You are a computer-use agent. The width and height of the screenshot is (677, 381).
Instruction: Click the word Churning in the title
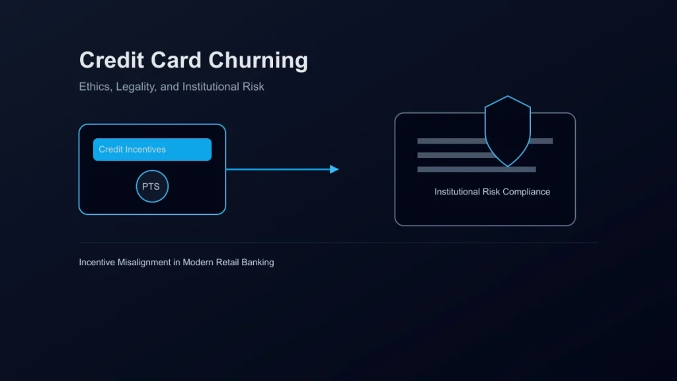[x=259, y=60]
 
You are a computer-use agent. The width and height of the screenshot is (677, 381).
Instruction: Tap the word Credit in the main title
[x=111, y=60]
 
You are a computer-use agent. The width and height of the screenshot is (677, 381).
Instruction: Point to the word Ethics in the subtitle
[x=95, y=87]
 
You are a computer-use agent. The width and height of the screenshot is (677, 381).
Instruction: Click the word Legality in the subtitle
[x=136, y=87]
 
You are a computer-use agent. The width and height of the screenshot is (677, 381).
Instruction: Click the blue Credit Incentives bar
[x=153, y=149]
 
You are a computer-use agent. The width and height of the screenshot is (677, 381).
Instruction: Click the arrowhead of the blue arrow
[x=334, y=169]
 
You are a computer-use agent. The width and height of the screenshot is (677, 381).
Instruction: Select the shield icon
[x=508, y=131]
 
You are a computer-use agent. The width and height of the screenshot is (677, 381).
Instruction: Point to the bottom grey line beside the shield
[x=477, y=169]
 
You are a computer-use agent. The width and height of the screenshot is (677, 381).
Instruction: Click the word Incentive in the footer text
[x=97, y=262]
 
